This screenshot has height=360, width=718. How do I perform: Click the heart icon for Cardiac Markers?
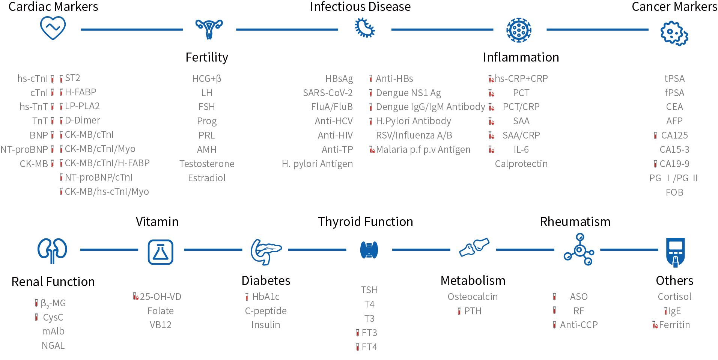53,28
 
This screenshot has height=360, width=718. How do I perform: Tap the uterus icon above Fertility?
209,29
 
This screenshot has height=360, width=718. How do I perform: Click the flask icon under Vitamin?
160,252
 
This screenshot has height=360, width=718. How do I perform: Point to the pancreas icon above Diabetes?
266,252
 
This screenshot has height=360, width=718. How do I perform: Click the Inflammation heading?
521,57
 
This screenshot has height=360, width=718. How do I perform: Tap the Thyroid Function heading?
365,221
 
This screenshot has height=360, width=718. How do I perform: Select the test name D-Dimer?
83,120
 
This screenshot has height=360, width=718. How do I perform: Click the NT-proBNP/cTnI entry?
99,177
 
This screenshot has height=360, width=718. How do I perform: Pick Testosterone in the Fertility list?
207,164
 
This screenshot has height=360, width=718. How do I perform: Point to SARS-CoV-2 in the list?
328,93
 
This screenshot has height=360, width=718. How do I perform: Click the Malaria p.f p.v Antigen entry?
423,149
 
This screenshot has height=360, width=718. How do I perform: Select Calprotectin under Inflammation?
521,164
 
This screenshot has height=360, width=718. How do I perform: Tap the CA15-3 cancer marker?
674,149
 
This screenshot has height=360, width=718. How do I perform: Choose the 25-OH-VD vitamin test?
160,297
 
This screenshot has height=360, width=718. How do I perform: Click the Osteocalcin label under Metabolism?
473,297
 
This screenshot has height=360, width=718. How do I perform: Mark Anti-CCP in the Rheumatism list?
579,325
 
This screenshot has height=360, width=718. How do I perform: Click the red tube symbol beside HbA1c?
247,297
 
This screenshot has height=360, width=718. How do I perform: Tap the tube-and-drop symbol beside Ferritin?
655,325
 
